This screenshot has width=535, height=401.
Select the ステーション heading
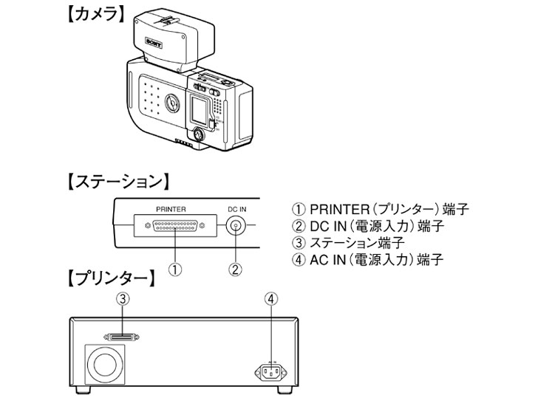[x=117, y=181]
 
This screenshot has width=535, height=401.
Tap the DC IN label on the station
[x=236, y=208]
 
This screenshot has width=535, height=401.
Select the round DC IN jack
[x=236, y=227]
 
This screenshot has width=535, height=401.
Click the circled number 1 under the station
[x=174, y=269]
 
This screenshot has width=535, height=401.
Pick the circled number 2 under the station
[x=236, y=269]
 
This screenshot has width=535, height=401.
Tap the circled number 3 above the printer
[x=125, y=298]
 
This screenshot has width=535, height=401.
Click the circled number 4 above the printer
[x=272, y=298]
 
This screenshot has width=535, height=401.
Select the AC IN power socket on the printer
[x=272, y=371]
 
